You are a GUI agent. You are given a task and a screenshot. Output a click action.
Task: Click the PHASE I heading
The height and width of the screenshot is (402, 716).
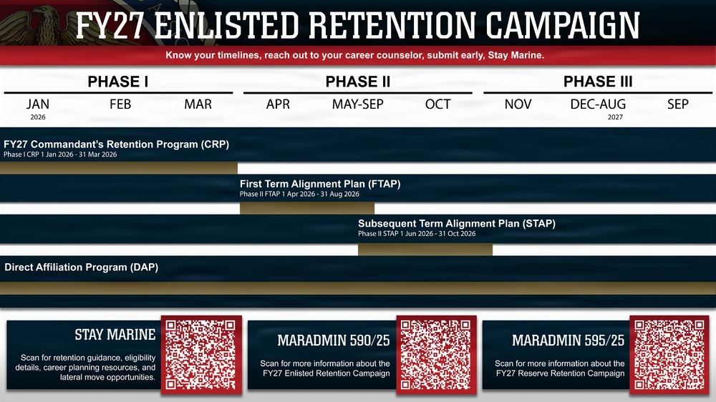(x=118, y=82)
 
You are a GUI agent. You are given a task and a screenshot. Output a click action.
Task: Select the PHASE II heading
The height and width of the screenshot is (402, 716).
(x=357, y=82)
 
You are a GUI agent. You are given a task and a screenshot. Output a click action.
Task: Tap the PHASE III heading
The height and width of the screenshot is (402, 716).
(x=598, y=82)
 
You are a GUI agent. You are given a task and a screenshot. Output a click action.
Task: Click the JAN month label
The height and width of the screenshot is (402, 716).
(x=38, y=104)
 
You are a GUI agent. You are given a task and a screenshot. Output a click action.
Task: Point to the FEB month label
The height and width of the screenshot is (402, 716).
(x=120, y=104)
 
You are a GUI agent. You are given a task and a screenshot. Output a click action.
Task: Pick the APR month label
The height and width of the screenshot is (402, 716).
(x=278, y=104)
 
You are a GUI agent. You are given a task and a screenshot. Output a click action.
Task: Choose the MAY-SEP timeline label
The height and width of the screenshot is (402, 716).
(x=357, y=104)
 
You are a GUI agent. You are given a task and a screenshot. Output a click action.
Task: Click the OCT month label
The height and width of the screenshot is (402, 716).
(x=437, y=104)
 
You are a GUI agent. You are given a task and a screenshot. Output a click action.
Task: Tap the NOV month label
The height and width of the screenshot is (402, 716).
(x=518, y=104)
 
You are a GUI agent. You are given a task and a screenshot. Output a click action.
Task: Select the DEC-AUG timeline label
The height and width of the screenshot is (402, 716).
(x=598, y=104)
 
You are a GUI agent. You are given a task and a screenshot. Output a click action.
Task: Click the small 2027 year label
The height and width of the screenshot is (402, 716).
(x=614, y=116)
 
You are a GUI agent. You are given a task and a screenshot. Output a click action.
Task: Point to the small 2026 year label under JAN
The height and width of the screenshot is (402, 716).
(x=38, y=116)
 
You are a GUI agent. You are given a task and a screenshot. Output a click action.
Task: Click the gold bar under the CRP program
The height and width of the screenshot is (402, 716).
(x=119, y=168)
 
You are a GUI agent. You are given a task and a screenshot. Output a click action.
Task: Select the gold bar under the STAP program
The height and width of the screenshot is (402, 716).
(x=425, y=250)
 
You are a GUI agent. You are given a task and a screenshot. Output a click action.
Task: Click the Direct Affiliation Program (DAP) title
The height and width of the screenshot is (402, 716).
(x=82, y=268)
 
